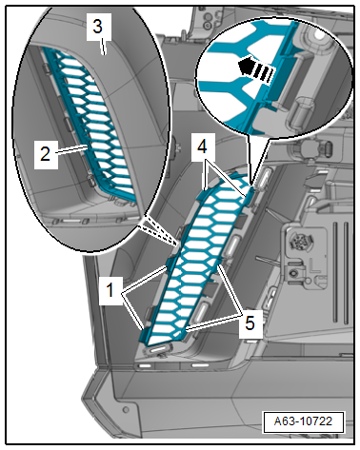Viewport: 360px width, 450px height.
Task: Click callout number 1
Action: (110, 290)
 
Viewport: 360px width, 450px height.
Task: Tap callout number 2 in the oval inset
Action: (46, 154)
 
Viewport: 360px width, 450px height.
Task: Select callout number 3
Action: (98, 27)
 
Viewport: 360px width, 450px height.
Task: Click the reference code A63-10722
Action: (303, 421)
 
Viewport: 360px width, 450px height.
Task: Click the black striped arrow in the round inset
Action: (256, 68)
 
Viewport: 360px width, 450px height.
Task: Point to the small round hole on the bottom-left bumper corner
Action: (127, 409)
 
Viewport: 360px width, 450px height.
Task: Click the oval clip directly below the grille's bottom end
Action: (158, 350)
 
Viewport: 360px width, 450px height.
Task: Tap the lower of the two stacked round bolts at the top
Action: (208, 25)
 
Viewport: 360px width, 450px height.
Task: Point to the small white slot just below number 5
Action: (251, 342)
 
